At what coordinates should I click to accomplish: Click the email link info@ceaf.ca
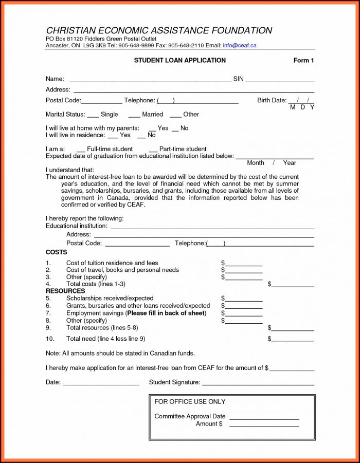pos(239,45)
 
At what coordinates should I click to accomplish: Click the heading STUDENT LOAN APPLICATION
pos(179,61)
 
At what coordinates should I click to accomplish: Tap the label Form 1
pos(303,61)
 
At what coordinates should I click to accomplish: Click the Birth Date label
pos(272,100)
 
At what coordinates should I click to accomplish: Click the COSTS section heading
pos(57,252)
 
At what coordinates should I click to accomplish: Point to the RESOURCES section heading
pos(65,291)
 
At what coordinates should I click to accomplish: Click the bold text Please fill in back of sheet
pos(166,313)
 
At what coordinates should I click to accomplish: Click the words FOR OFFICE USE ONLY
pos(190,401)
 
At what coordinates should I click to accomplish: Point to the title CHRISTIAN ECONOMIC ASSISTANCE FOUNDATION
pos(159,31)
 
